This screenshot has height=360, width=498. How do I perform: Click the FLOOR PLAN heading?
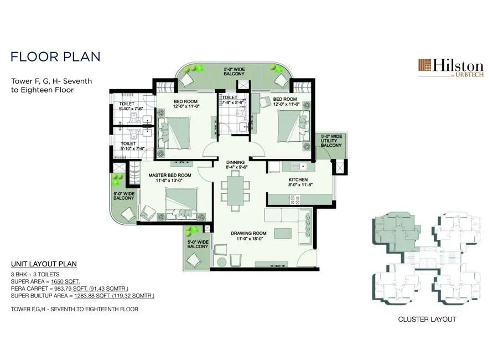coord(55,56)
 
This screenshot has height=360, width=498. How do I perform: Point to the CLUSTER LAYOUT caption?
coord(427,319)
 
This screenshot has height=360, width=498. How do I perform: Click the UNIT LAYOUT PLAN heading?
coord(44,264)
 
